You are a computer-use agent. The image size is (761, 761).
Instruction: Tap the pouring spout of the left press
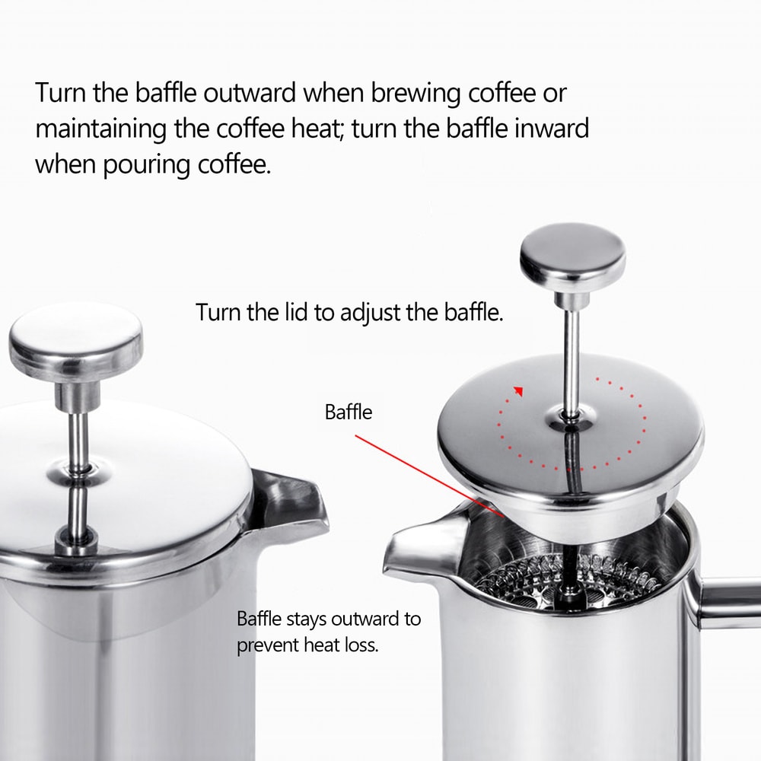coord(293,503)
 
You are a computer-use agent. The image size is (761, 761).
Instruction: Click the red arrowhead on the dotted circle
coord(519,390)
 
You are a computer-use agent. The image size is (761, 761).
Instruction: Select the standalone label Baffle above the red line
coord(349,412)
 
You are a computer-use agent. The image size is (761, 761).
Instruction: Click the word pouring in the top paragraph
coord(147,164)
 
